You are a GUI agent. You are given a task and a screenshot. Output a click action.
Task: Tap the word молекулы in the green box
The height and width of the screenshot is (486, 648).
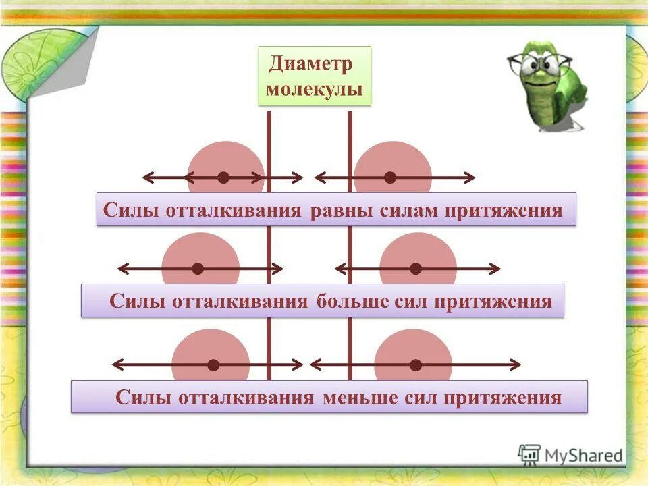pyautogui.click(x=315, y=90)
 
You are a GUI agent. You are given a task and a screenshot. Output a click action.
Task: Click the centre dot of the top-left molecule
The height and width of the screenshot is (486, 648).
pyautogui.click(x=223, y=178)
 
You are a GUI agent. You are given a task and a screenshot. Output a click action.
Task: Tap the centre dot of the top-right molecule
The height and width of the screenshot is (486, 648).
pyautogui.click(x=390, y=178)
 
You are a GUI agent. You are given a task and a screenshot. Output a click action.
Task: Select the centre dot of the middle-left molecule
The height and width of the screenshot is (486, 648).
pyautogui.click(x=198, y=269)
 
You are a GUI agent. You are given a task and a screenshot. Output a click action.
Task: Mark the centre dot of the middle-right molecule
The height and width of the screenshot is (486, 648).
pyautogui.click(x=416, y=269)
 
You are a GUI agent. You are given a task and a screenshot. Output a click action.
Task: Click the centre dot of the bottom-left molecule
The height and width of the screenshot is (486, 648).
pyautogui.click(x=213, y=365)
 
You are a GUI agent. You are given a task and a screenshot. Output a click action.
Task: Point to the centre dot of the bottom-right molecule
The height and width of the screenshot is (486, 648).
pyautogui.click(x=416, y=365)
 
